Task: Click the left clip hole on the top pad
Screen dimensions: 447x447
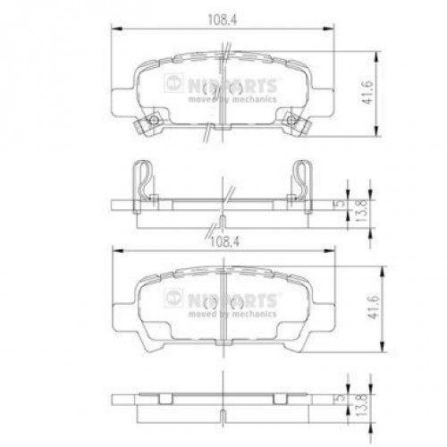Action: (153, 122)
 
